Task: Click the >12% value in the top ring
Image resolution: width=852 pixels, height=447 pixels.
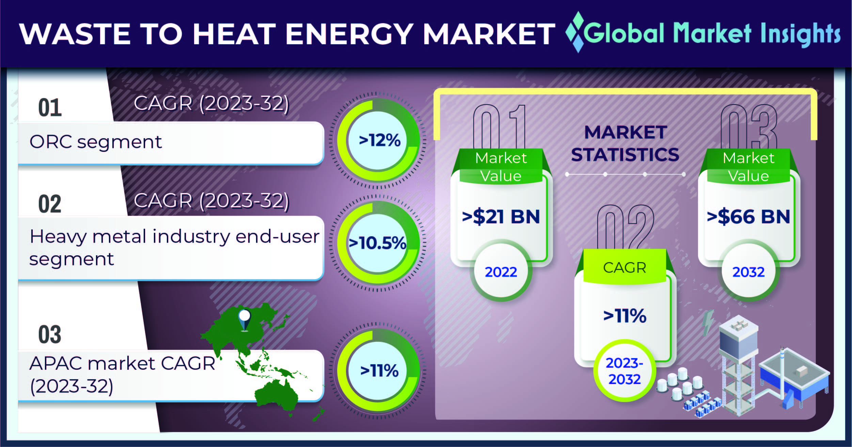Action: click(380, 140)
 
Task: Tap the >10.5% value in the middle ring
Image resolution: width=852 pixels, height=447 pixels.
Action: click(378, 243)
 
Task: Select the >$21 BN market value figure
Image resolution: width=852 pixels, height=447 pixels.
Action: click(501, 217)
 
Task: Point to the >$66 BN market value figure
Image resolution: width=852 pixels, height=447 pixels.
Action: click(748, 217)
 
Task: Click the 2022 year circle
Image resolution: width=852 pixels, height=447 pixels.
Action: click(501, 271)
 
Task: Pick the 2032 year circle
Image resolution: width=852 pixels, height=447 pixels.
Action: click(748, 271)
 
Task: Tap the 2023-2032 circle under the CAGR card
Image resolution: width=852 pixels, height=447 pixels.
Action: click(625, 371)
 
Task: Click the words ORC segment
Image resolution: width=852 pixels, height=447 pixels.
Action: click(96, 142)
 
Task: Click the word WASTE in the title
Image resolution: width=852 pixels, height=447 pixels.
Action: click(75, 34)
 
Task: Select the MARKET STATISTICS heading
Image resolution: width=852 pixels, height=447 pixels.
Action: click(625, 143)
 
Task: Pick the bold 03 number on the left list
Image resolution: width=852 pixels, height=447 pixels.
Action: click(50, 334)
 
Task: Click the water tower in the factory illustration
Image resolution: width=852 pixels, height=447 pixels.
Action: click(738, 368)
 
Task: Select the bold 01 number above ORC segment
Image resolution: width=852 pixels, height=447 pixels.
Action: click(50, 108)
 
